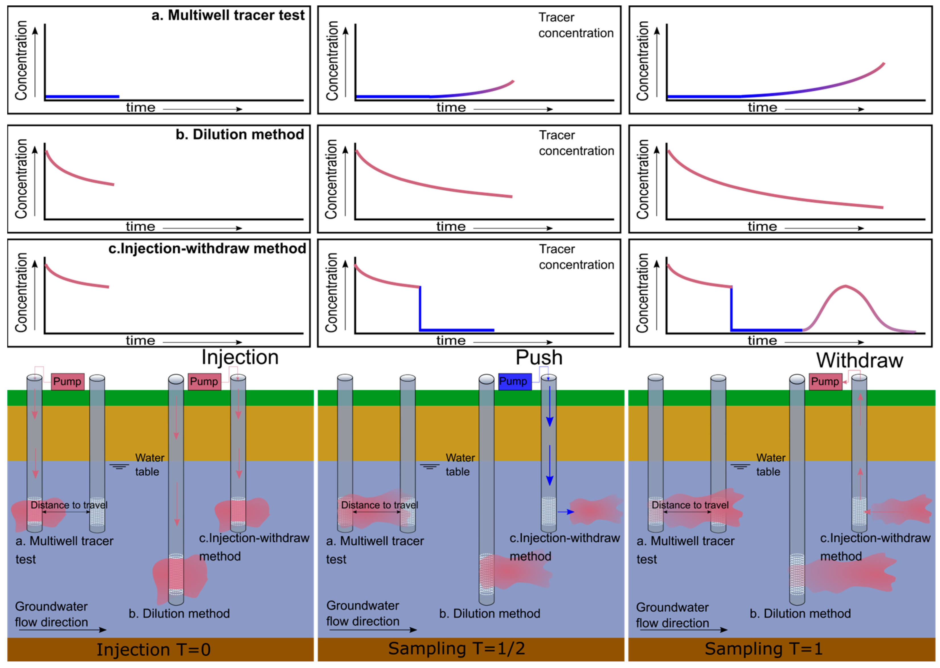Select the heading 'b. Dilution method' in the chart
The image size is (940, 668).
pos(240,135)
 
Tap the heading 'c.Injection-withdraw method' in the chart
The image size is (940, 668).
pos(207,248)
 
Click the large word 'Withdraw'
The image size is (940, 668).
pos(859,360)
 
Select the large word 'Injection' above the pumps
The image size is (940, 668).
pos(240,357)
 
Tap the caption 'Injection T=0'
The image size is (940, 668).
pos(153,650)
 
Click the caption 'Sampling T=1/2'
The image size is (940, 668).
pos(456,649)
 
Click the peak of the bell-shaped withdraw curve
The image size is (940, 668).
pos(845,286)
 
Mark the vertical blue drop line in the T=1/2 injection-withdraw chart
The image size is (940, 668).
pos(420,309)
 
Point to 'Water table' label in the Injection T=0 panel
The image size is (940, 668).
pos(149,465)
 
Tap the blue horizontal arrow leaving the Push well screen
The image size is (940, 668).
pos(566,512)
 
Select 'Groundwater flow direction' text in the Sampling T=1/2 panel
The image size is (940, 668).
pos(363,613)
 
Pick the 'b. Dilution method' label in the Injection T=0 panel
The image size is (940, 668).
pos(179,614)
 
